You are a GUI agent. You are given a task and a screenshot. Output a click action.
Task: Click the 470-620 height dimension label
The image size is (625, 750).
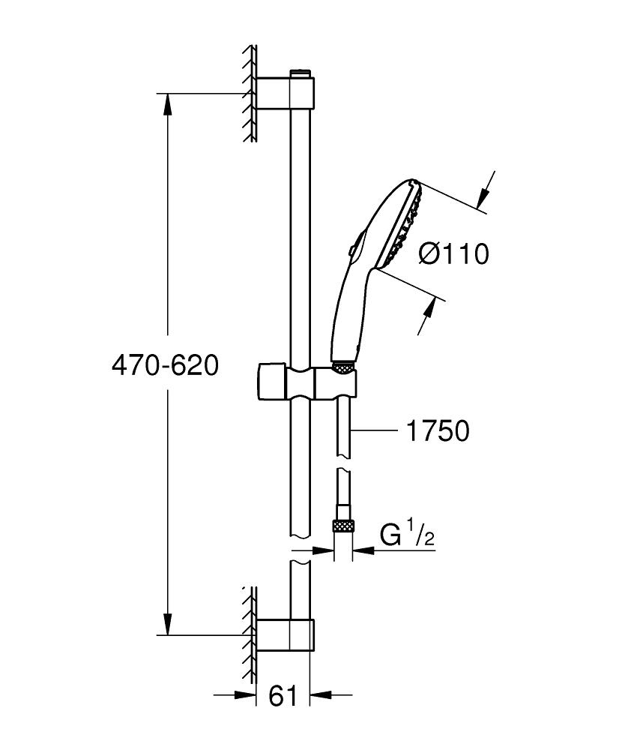coord(164,365)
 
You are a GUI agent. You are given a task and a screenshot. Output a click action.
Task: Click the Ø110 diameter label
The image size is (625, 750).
coord(453,254)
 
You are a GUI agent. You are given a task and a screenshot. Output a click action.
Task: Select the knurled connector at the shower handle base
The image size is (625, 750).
coord(343,367)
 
